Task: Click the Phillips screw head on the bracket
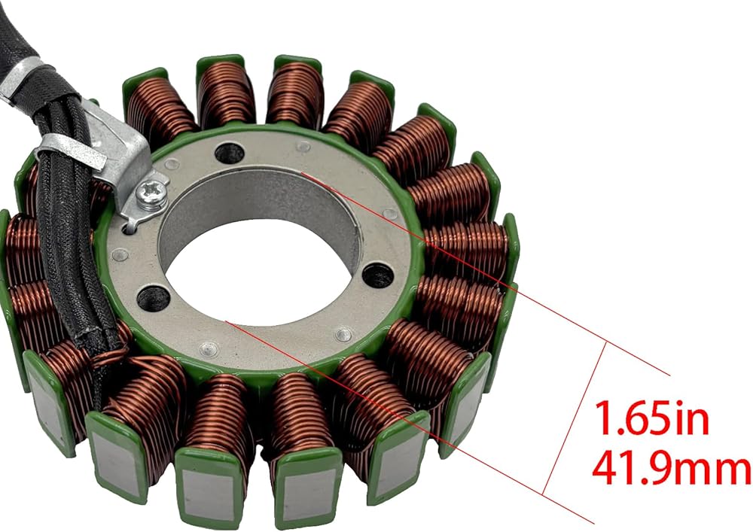[x=151, y=194]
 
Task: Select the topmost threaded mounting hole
[x=229, y=152]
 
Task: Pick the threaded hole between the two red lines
[x=378, y=276]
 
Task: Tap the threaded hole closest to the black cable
[x=153, y=297]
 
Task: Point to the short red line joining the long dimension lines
[x=575, y=418]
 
